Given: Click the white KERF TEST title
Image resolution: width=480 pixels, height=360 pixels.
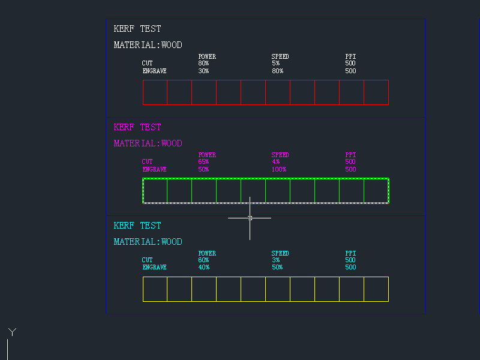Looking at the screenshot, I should click(x=137, y=29).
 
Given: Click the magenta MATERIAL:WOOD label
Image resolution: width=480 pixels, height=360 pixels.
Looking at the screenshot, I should click(x=148, y=143).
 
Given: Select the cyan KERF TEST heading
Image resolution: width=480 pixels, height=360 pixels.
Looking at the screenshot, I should click(x=137, y=226).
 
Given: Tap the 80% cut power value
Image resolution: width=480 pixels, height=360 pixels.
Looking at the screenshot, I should click(x=203, y=64).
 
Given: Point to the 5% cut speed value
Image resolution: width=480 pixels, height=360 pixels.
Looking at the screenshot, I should click(x=275, y=64).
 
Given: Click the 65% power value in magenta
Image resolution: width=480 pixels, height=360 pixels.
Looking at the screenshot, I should click(x=203, y=162).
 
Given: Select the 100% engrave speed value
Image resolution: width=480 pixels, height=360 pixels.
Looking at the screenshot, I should click(x=278, y=169).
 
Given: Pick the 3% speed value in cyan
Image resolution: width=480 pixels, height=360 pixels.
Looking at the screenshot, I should click(x=275, y=260).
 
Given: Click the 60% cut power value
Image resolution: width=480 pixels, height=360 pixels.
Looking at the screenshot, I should click(x=203, y=260).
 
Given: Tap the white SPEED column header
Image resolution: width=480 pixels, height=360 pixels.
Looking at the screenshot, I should click(x=280, y=57).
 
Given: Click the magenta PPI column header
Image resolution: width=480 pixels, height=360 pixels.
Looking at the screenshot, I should click(x=350, y=155).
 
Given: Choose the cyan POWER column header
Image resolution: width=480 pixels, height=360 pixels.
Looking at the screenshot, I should click(x=207, y=254).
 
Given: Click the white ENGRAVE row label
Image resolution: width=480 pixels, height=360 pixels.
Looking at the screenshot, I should click(x=154, y=71).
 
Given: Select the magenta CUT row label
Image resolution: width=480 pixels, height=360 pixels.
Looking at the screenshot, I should click(x=147, y=162).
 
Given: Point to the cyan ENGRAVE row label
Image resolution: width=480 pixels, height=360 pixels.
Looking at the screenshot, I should click(x=154, y=268).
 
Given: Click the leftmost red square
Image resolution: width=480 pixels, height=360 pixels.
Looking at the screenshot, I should click(x=155, y=92).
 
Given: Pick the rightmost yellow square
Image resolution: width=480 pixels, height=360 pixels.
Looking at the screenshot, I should click(x=376, y=289).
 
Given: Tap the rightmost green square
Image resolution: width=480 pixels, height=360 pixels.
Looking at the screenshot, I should click(x=376, y=191).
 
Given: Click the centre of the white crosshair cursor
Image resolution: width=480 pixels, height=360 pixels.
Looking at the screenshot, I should click(x=250, y=218).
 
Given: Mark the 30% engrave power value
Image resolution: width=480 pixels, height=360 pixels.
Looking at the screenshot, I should click(x=203, y=71).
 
